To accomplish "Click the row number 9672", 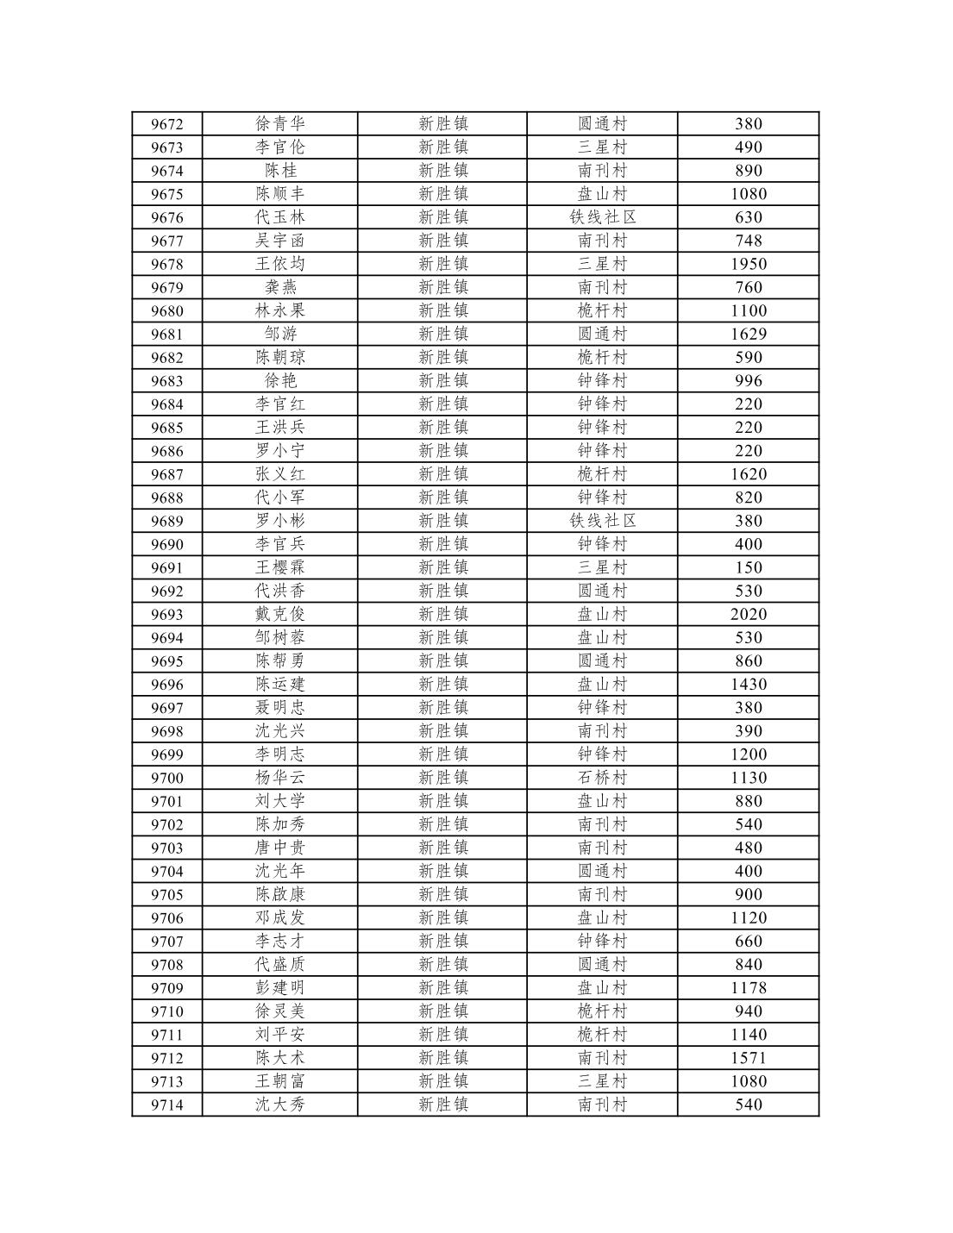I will coord(166,124).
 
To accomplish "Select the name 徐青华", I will coord(280,124).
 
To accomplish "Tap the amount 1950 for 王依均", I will coord(748,264).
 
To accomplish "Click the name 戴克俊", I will coord(280,614).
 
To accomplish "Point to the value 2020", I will coord(748,614).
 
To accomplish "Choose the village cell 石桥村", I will coord(602,778).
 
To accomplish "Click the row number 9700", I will coord(166,778).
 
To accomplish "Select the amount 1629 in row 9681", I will coord(748,334).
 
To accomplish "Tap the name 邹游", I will coord(280,334).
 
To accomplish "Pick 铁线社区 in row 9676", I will coord(602,217).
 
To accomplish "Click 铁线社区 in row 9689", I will coord(602,521).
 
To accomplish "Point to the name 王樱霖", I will coord(280,567).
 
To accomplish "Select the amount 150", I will coord(748,567).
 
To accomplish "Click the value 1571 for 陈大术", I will coord(748,1058).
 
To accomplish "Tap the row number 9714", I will coord(166,1105).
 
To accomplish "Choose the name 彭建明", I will coord(280,988).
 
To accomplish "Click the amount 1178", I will coord(748,988).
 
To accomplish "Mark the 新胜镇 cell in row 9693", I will coord(442,614).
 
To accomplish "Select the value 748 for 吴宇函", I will coord(748,241).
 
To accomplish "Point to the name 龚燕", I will coord(280,287).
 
